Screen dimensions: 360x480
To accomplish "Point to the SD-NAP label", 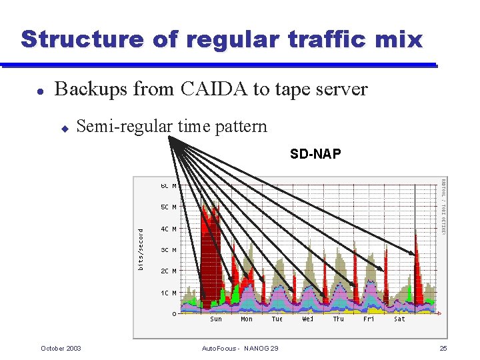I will pos(315,155).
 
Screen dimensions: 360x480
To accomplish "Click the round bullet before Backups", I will pos(41,91).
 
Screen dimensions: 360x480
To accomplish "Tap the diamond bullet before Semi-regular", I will pos(65,127).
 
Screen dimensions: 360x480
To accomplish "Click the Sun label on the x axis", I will pos(216,319).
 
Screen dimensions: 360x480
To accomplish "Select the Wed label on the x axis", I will pos(308,319).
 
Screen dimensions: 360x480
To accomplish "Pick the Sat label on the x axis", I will pos(399,319).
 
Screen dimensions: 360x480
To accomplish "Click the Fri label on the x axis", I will pos(369,319).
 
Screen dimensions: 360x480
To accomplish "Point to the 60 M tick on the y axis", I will pos(168,186).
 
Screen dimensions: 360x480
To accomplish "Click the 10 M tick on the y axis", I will pos(168,293).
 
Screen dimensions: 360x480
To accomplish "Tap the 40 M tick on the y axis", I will pos(168,229).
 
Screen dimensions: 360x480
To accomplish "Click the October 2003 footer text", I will pos(61,349).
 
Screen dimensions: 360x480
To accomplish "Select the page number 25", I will pos(443,349).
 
